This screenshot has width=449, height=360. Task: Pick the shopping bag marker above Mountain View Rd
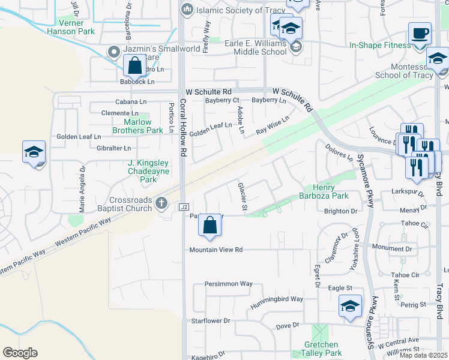coord(210,225)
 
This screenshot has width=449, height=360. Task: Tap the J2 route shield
coord(184,206)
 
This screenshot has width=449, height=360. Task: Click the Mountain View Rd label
coord(215,250)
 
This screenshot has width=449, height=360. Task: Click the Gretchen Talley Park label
coord(321,349)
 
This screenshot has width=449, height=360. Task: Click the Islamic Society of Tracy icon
coord(187,10)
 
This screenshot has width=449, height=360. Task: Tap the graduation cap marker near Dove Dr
coord(351,305)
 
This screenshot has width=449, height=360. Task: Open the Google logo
coord(20,353)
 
